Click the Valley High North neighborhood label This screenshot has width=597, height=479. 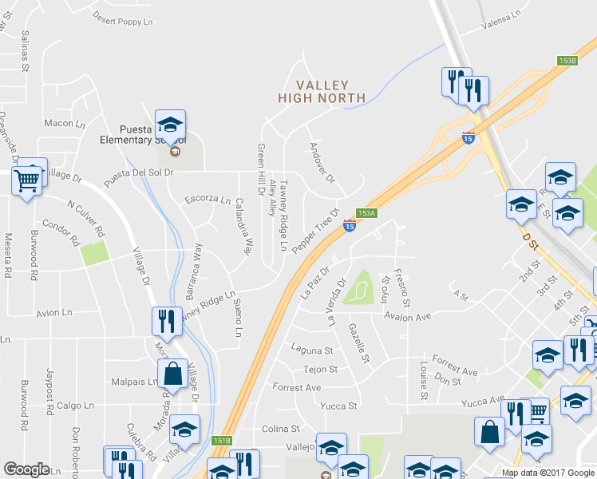pyautogui.click(x=322, y=91)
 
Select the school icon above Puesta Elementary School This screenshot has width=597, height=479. pyautogui.click(x=170, y=125)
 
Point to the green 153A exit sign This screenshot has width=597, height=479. pyautogui.click(x=366, y=213)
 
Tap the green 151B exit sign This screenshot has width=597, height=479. pyautogui.click(x=222, y=441)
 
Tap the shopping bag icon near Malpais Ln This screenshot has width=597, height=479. pyautogui.click(x=172, y=373)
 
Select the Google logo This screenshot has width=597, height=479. pyautogui.click(x=26, y=469)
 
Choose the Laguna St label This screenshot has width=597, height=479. pyautogui.click(x=312, y=350)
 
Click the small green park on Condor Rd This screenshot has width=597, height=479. pyautogui.click(x=94, y=253)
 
